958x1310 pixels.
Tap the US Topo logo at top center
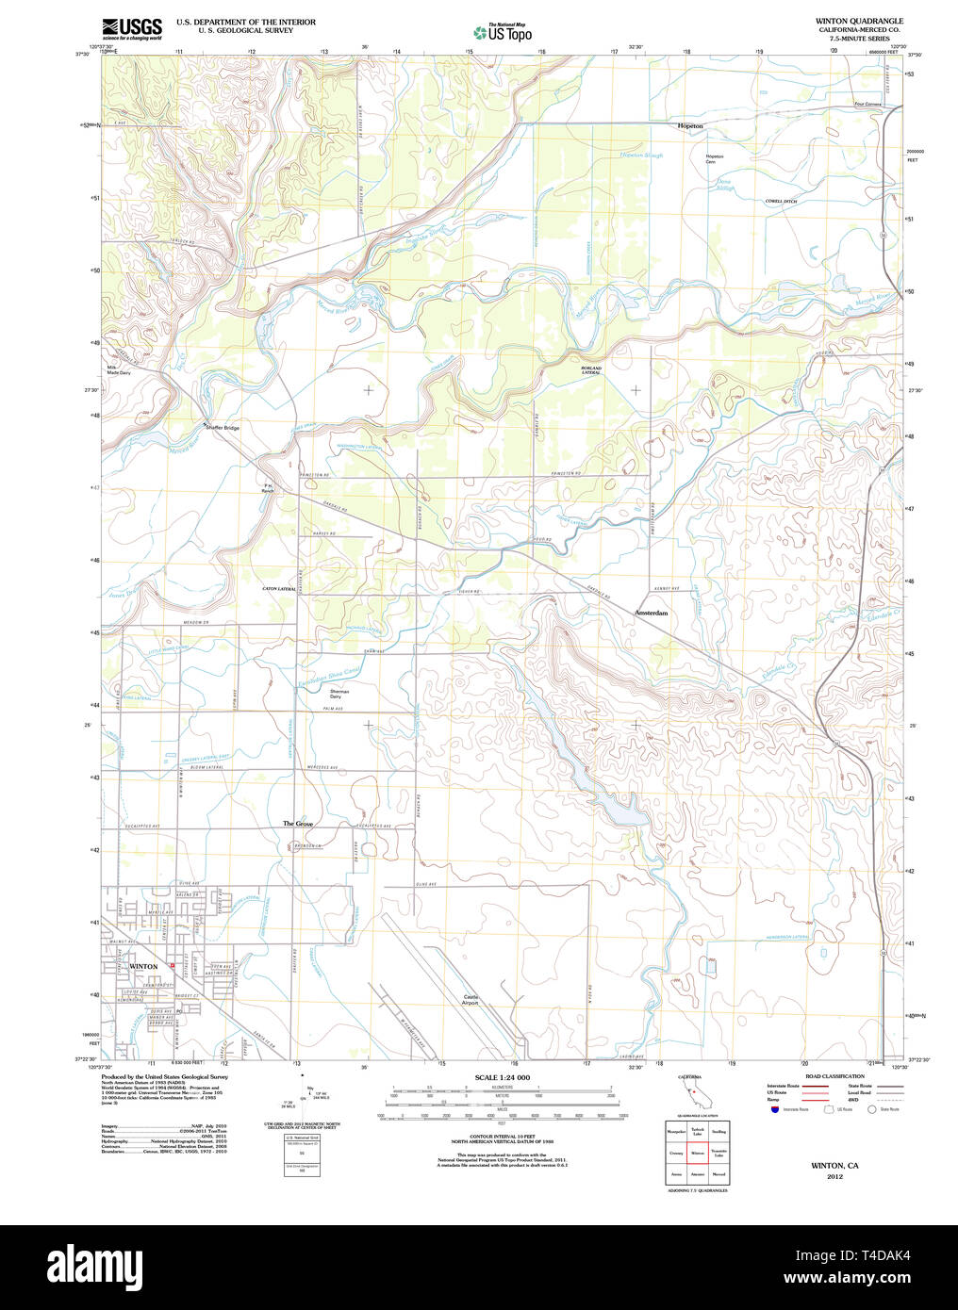coord(503,32)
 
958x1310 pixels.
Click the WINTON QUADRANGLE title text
coord(858,21)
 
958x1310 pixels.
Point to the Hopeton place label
coord(690,125)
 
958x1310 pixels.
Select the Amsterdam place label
coord(651,614)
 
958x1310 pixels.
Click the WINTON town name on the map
coord(143,967)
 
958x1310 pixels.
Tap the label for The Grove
coord(298,824)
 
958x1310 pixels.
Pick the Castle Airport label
coord(471,1000)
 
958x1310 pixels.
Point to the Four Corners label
coord(867,105)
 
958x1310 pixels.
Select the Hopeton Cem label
coord(714,159)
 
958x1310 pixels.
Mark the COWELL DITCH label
coord(781,201)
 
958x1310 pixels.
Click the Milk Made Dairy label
coord(118,370)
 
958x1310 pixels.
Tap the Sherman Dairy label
coord(339,694)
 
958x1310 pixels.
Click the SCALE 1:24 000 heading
coord(502,1077)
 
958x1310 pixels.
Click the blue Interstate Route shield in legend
coord(775,1109)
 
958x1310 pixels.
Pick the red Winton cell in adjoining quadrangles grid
coord(698,1152)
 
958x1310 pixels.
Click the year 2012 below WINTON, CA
coord(834,1176)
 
